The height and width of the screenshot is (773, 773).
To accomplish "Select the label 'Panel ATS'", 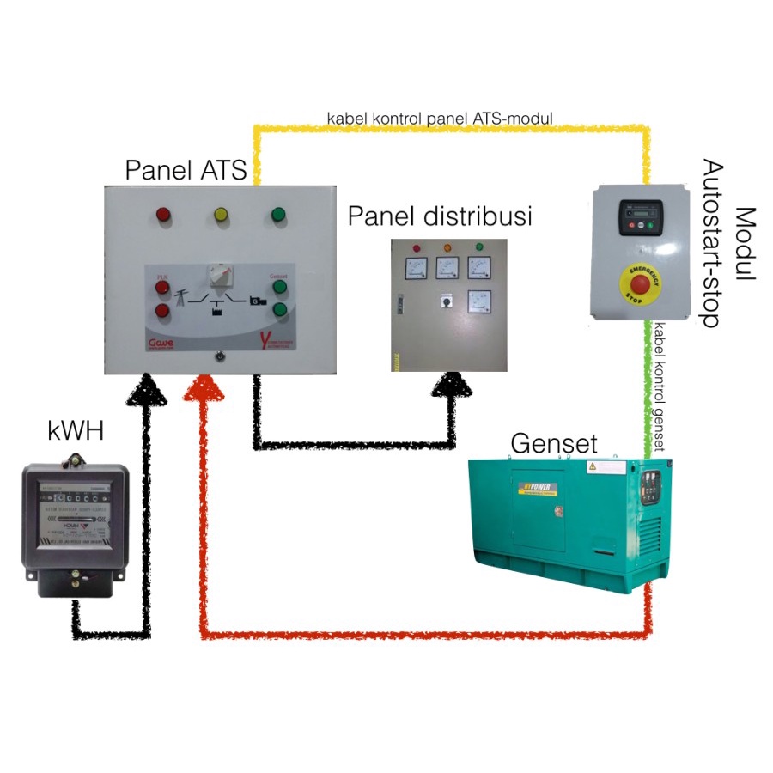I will point(186,170).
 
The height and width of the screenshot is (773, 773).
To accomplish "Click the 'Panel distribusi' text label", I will point(439,216).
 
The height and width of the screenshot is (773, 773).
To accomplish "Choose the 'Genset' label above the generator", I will point(554,443).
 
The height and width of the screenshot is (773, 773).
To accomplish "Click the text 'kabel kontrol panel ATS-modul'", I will point(439,116).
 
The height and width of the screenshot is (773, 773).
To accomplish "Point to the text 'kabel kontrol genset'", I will point(660,386).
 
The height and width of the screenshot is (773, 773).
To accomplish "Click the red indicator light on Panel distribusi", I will point(417,249).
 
